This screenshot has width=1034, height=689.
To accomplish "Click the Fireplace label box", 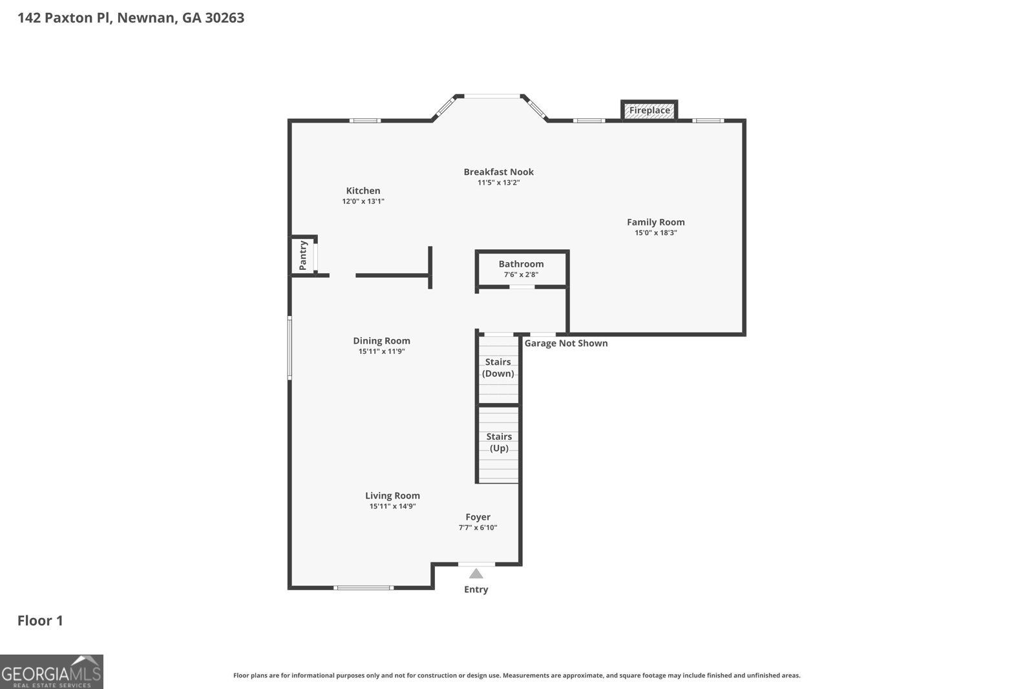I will click(649, 110).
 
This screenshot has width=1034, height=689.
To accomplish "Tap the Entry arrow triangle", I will click(476, 573).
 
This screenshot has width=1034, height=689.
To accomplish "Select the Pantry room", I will click(303, 256).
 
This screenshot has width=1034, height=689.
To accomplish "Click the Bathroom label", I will click(521, 264).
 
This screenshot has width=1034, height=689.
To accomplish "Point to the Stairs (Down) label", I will click(498, 367).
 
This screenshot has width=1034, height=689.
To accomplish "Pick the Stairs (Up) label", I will click(499, 442).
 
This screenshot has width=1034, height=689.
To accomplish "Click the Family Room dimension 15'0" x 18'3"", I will click(655, 233).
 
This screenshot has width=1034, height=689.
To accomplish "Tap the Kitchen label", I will click(363, 190).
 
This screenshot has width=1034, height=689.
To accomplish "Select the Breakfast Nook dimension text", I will click(498, 183).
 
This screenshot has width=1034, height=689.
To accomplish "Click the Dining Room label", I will click(381, 341).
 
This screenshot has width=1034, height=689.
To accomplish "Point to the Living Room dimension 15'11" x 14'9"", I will click(392, 506).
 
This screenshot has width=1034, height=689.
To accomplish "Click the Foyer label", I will click(478, 517).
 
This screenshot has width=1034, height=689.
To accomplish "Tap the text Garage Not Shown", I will click(565, 343).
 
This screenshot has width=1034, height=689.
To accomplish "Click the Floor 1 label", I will click(40, 621).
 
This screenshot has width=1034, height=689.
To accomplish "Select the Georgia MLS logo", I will click(52, 672).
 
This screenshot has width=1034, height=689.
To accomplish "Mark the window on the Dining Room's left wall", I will click(290, 347).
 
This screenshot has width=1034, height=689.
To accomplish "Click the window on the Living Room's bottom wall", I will click(363, 588).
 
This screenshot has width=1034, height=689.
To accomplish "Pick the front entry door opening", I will click(476, 564).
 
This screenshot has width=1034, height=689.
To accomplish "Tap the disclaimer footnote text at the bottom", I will click(516, 675).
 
